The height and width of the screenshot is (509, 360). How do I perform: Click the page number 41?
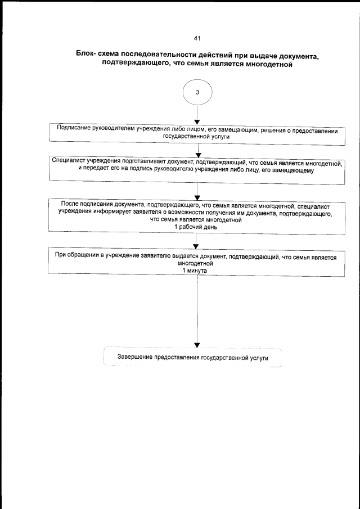pos(196,38)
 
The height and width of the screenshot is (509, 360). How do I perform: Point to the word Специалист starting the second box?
pos(69,161)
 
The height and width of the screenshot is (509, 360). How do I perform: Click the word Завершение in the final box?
pos(134,357)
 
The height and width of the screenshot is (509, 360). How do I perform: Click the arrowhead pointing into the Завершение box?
pos(197,345)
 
